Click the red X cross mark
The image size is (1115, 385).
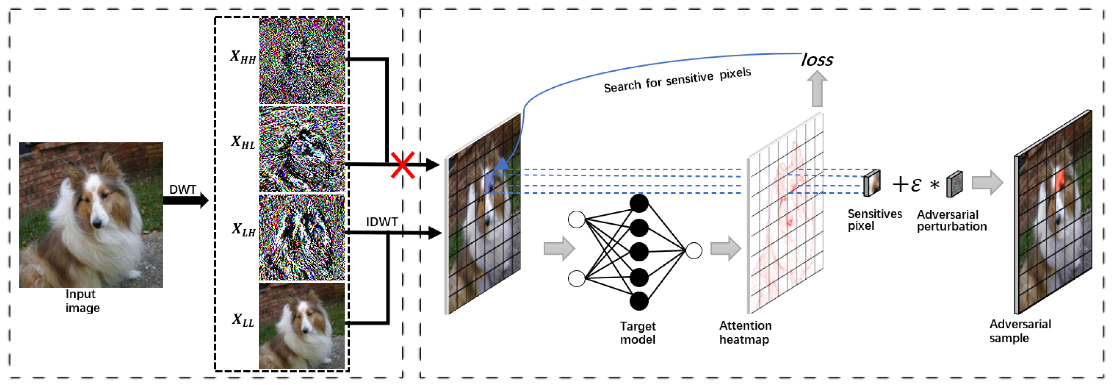(403, 165)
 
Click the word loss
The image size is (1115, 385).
(817, 60)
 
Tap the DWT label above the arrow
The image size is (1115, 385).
(182, 189)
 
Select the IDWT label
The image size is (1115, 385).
(381, 222)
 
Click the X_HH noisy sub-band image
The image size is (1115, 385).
(302, 60)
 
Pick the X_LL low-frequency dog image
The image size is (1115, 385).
(302, 326)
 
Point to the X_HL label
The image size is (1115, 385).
(242, 142)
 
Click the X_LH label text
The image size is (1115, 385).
(243, 229)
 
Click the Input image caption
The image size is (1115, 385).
(82, 300)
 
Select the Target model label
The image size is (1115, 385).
(638, 333)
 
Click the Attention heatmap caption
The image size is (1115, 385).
(745, 332)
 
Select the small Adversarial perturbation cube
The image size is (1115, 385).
(954, 185)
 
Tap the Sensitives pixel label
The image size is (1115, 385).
(874, 220)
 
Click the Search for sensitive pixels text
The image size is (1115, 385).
(677, 80)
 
